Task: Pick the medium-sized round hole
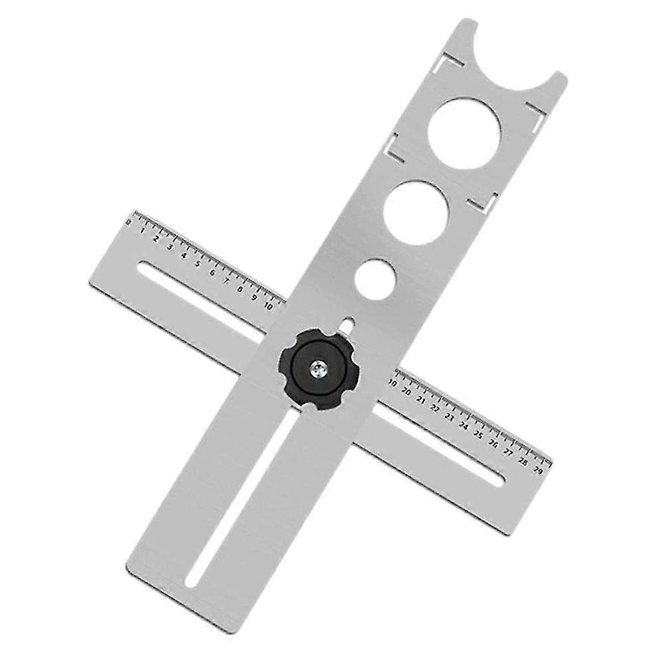pos(416,213)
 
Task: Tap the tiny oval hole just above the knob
pos(347,325)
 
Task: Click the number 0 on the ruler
pos(128,222)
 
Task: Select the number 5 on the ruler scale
pos(198,263)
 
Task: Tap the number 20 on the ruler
pos(406,392)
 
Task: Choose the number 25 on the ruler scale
pos(478,434)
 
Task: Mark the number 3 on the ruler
pos(170,247)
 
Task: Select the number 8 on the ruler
pos(240,289)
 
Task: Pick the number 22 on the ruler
pos(435,408)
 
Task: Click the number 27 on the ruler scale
pos(508,451)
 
